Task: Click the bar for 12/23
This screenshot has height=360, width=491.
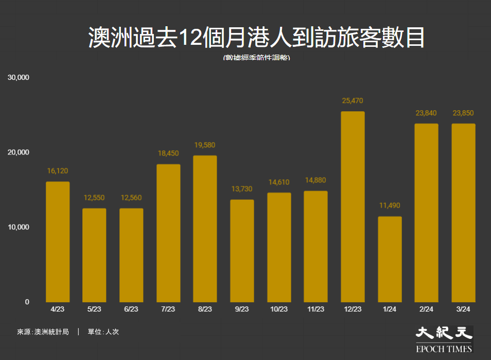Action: pos(353,207)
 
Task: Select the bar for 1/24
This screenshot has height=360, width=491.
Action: pos(390,259)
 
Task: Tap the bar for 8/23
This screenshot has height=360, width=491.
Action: pos(205,229)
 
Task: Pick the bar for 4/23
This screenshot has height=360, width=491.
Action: pos(58,242)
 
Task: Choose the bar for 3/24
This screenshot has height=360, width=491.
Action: pos(463,213)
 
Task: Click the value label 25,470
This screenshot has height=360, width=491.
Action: pos(353,101)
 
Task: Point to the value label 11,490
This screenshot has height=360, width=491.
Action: pos(390,205)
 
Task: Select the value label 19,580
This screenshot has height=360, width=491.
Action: pos(205,145)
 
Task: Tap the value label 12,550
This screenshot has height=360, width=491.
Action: pos(95,198)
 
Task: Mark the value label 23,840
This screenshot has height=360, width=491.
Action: pos(426,113)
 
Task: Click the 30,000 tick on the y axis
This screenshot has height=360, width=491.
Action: pos(19,77)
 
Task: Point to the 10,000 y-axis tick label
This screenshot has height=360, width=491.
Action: pos(19,227)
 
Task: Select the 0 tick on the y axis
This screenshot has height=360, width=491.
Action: pos(27,302)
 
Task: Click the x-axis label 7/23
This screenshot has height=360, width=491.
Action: pos(168,310)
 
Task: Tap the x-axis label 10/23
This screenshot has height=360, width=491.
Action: pos(278,310)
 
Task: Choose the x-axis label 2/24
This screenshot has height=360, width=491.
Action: pos(426,310)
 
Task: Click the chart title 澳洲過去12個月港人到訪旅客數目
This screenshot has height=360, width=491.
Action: pos(256,38)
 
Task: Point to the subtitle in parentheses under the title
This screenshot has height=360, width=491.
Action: pos(256,58)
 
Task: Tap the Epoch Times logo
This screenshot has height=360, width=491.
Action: pos(444,339)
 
